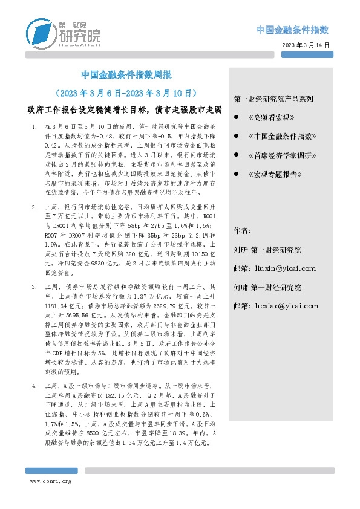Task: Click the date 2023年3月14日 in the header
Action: (x=306, y=45)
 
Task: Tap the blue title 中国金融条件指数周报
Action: (x=126, y=76)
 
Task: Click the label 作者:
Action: (x=241, y=231)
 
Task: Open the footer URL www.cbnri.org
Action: (x=51, y=481)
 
